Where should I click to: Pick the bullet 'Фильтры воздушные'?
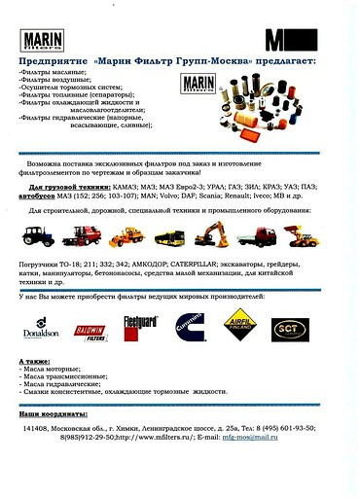click(54, 81)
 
